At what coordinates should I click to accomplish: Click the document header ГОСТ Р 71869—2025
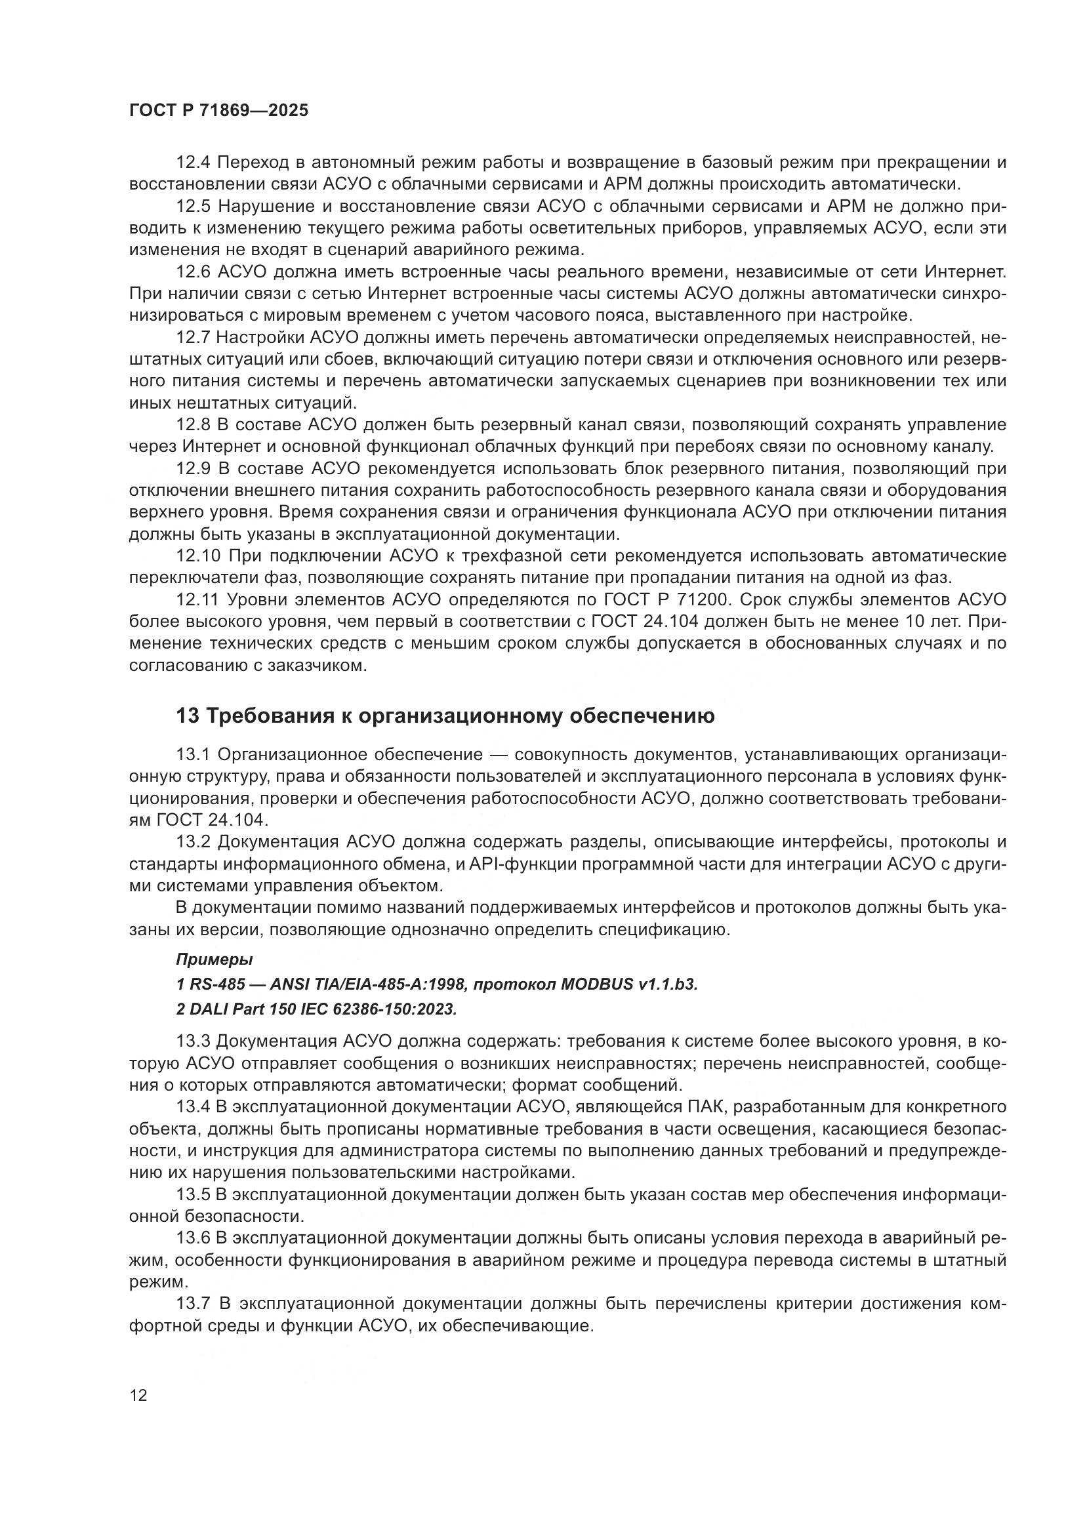(x=218, y=110)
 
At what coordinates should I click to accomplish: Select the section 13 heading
(x=445, y=716)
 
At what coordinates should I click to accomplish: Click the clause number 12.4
(x=194, y=163)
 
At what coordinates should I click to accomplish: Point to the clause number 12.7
(x=194, y=337)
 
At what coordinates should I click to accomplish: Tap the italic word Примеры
(x=214, y=959)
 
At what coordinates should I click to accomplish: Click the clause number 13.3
(x=194, y=1041)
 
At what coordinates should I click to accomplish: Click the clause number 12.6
(x=194, y=272)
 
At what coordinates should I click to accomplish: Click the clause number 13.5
(x=194, y=1194)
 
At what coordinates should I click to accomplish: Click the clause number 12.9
(x=194, y=468)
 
